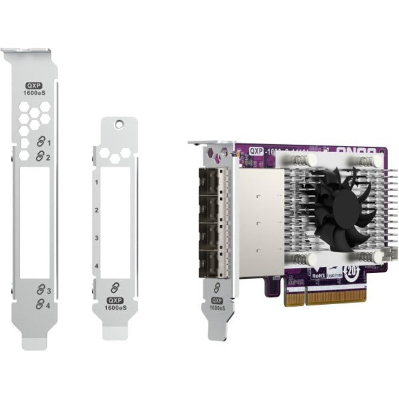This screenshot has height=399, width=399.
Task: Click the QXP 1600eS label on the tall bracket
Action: pyautogui.click(x=35, y=90)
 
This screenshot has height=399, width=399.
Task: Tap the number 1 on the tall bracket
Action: pyautogui.click(x=48, y=143)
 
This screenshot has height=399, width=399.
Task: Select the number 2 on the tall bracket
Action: pyautogui.click(x=48, y=157)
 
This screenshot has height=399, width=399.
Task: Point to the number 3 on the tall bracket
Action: pyautogui.click(x=48, y=291)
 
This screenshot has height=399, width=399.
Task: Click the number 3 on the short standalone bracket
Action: pyautogui.click(x=96, y=238)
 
